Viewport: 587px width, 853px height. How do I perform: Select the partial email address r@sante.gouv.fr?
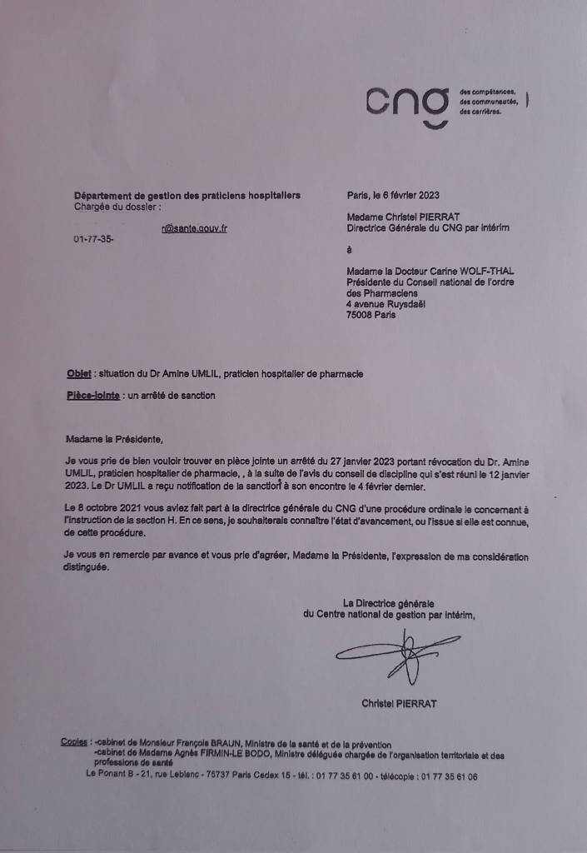[x=195, y=227]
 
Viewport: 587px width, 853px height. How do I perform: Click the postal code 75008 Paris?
[x=372, y=315]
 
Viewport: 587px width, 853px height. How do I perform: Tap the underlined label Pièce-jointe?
[x=92, y=396]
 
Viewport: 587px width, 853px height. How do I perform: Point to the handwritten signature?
[x=398, y=653]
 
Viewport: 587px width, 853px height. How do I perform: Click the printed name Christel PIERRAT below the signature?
[x=399, y=704]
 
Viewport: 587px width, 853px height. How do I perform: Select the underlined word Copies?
[x=76, y=741]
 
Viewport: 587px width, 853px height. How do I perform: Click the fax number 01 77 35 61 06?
[x=449, y=776]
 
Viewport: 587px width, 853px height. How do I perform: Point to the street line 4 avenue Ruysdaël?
[x=386, y=304]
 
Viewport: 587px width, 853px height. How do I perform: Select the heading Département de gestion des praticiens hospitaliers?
[x=187, y=196]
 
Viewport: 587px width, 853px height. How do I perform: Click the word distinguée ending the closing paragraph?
[x=87, y=569]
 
